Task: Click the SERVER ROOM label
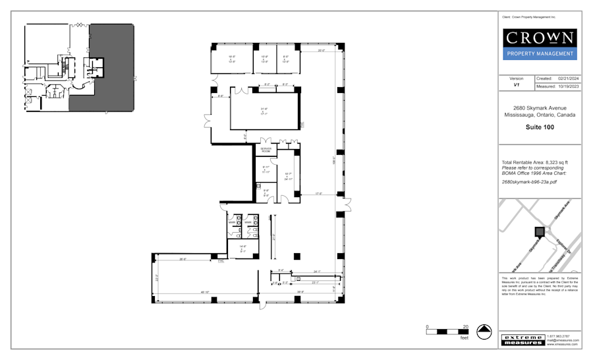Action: coord(266,150)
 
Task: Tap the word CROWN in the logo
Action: coord(540,38)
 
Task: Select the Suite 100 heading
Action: coord(540,127)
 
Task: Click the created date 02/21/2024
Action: coord(567,78)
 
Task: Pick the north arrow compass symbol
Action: coord(485,332)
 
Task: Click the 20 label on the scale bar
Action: coord(466,327)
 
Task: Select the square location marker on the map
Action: coord(540,231)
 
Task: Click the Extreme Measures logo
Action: coord(522,340)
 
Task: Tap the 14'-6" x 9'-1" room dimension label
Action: coord(242,249)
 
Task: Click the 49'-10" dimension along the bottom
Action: coord(204,292)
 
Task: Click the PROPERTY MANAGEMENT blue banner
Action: coord(540,54)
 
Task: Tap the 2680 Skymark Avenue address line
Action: coord(540,108)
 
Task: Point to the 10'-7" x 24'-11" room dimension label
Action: coord(288,176)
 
